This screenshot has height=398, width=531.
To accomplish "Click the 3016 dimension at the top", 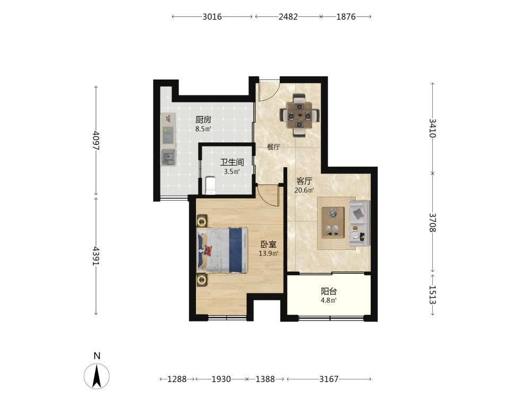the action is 212,16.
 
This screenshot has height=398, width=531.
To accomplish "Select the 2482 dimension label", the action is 288,16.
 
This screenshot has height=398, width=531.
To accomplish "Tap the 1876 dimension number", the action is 346,16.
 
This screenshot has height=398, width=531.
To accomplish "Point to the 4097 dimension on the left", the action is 96,141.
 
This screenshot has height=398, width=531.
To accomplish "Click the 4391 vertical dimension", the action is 96,256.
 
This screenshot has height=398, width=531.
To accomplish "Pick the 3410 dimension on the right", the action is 432,128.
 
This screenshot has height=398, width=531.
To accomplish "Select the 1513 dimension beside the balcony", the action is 432,295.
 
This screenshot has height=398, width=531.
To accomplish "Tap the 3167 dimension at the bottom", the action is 329,379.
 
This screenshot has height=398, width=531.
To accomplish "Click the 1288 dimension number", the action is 177,379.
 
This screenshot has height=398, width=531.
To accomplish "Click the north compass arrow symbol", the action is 97,376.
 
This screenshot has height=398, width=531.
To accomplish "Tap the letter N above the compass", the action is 97,356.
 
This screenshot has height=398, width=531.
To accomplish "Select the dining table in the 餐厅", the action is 299,115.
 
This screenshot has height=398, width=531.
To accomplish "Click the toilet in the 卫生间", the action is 210,185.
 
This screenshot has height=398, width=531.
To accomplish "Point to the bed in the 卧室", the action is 222,250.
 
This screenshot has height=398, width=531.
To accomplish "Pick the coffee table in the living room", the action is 333,222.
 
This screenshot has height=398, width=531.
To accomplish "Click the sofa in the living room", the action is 359,223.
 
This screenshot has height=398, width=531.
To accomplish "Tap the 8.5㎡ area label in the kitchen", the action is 203,129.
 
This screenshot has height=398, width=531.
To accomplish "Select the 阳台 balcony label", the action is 329,291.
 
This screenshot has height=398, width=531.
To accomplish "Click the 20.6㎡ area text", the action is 304,190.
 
